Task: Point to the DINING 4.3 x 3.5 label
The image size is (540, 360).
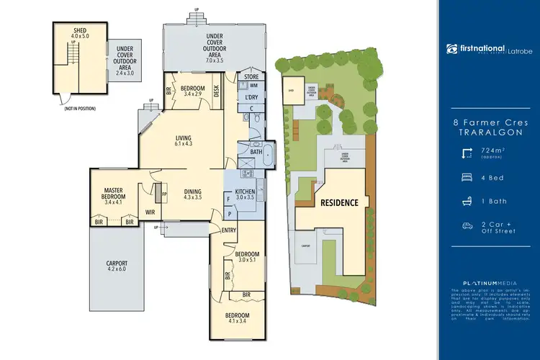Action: [x=192, y=193]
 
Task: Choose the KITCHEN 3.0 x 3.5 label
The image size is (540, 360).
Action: [x=246, y=193]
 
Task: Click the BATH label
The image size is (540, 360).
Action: [x=256, y=152]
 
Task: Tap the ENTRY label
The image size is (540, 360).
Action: [x=229, y=230]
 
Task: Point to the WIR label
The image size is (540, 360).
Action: [x=151, y=212]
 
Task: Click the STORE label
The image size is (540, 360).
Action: [x=251, y=76]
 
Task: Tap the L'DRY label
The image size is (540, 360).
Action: [x=251, y=97]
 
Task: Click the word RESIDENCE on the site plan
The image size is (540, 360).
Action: [x=339, y=202]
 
